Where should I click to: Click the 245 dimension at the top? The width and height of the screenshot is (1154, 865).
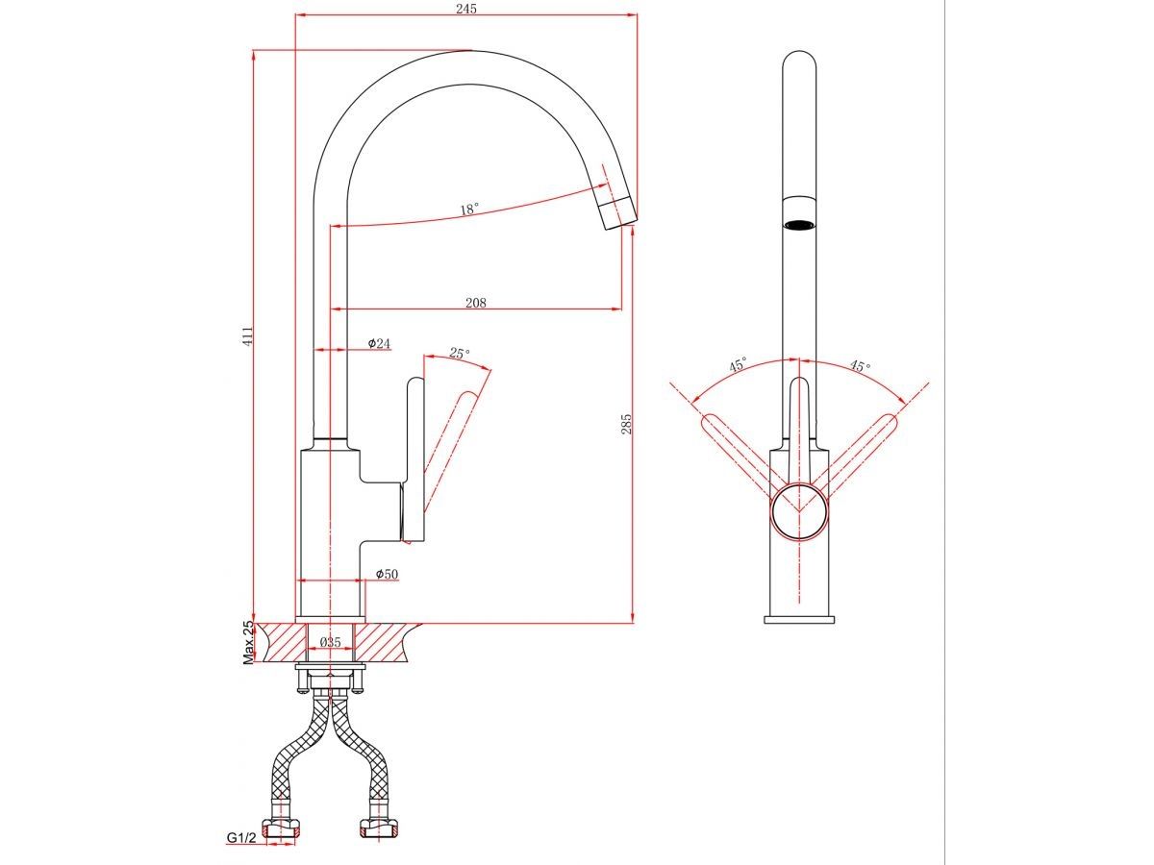click(467, 8)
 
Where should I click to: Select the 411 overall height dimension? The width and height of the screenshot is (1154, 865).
click(246, 335)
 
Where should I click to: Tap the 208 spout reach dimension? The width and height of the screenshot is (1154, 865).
click(475, 303)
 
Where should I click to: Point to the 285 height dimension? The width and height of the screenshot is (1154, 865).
click(625, 423)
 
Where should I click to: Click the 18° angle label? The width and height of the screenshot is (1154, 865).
click(468, 209)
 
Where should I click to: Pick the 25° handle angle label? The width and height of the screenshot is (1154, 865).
click(460, 354)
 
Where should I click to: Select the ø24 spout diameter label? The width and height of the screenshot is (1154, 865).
click(379, 343)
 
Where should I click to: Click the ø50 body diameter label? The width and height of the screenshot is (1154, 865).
click(387, 574)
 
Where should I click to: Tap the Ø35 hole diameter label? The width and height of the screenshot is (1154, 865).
click(331, 642)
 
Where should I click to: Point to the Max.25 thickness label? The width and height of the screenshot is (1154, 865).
click(248, 642)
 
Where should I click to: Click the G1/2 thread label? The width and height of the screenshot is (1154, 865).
click(241, 838)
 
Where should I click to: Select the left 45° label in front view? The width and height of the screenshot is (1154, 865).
click(738, 365)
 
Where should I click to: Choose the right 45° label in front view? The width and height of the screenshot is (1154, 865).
click(859, 366)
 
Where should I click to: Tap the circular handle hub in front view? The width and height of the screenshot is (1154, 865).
click(799, 511)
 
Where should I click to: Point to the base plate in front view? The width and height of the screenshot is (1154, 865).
click(800, 619)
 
